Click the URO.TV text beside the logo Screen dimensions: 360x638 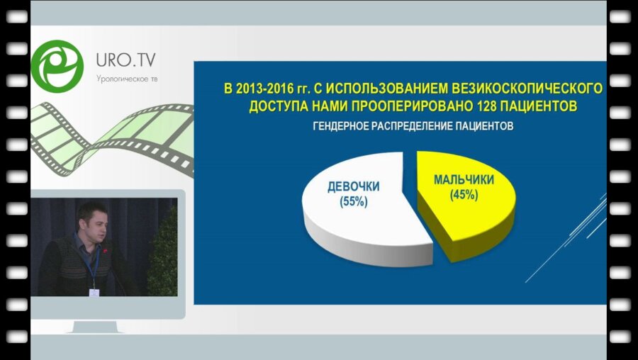(x=125, y=57)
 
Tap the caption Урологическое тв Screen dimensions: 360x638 (x=127, y=78)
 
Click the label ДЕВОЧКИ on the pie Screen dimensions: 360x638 (x=353, y=187)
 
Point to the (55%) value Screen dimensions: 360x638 (x=353, y=201)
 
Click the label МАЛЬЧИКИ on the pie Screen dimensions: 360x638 (x=464, y=180)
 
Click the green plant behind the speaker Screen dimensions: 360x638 (x=162, y=255)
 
